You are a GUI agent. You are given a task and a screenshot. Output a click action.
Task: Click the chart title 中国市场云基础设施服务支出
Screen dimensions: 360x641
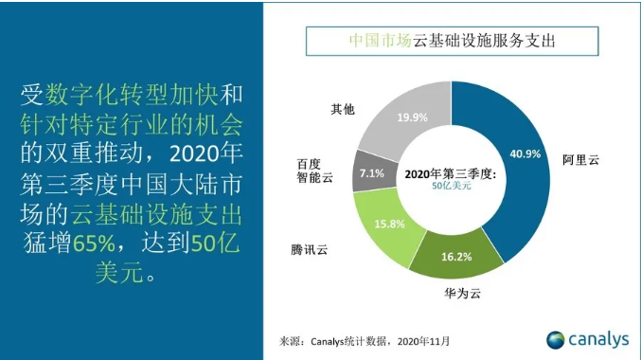pos(452,42)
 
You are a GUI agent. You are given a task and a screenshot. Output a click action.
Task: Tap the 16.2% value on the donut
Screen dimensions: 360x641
pos(456,257)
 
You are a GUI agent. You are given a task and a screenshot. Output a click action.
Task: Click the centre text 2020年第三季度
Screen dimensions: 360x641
pos(451,174)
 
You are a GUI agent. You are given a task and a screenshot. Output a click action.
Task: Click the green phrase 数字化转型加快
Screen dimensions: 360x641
pos(123,95)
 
